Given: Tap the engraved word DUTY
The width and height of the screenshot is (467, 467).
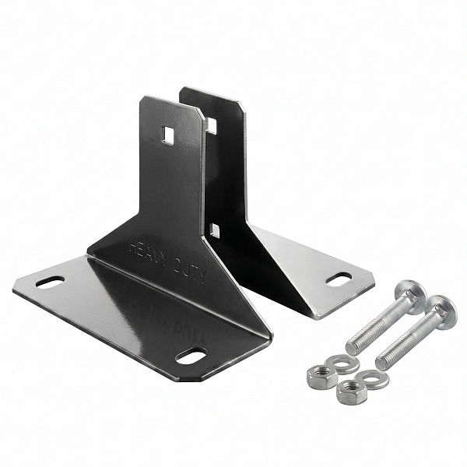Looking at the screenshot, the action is [x=190, y=272].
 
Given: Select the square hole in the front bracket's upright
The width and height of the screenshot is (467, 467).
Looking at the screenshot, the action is [x=167, y=135].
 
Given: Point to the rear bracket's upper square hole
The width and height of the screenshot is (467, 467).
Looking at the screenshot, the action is [x=212, y=125].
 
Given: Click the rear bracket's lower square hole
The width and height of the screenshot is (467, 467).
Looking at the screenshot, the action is [x=215, y=231].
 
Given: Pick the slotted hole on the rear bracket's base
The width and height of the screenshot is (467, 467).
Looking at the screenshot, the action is [x=339, y=279].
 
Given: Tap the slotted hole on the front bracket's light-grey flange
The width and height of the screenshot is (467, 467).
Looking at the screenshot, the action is [x=51, y=282].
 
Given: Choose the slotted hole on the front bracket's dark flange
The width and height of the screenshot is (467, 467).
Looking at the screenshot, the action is [x=191, y=356].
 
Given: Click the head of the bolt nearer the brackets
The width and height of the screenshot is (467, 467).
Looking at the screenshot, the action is [x=412, y=296].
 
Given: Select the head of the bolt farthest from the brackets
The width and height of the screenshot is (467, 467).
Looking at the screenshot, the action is [x=441, y=311].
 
